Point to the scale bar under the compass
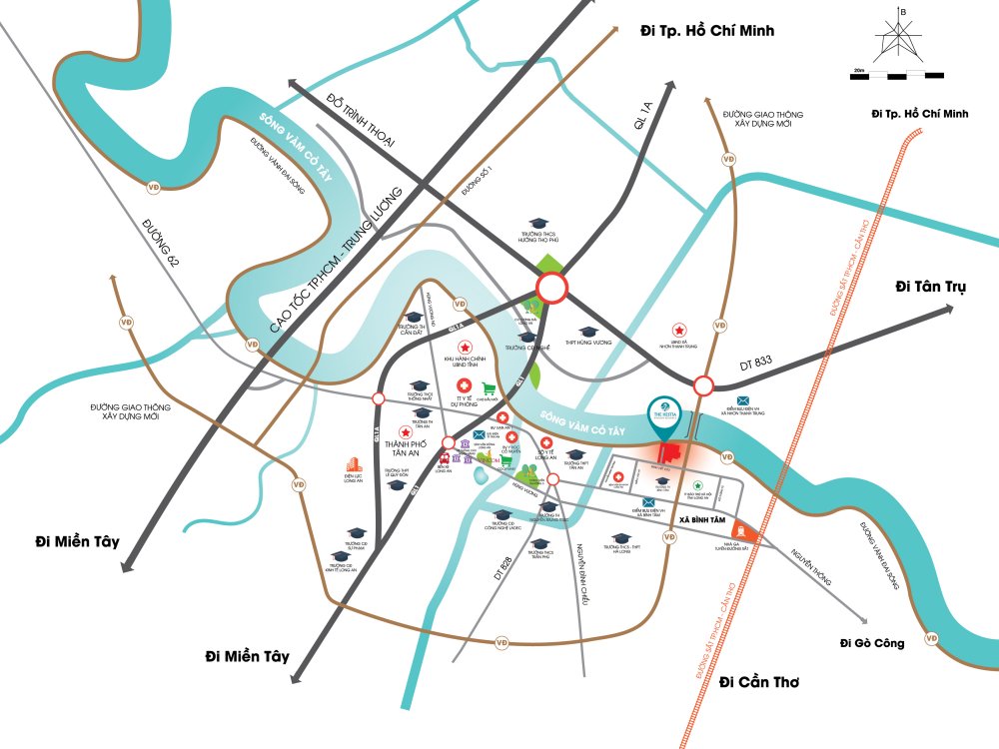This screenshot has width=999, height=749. pyautogui.click(x=898, y=75)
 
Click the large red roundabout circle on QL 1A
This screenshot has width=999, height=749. pyautogui.click(x=552, y=290)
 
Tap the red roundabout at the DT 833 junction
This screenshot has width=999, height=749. pyautogui.click(x=703, y=386)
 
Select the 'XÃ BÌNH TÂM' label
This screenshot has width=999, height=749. pyautogui.click(x=699, y=521)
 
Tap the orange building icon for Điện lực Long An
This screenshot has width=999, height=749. pyautogui.click(x=352, y=465)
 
